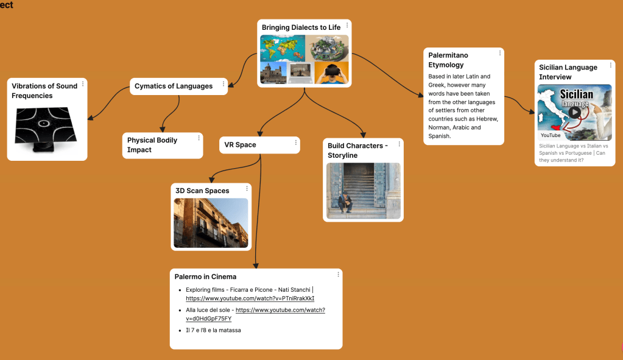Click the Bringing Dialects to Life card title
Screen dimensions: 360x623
tap(301, 27)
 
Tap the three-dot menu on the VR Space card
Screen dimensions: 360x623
tap(296, 143)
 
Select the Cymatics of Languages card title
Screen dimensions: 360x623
tap(174, 86)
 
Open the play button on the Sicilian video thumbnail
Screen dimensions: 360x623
tap(574, 112)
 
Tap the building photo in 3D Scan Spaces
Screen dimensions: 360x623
tap(211, 223)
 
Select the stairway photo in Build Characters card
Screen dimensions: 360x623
tap(364, 191)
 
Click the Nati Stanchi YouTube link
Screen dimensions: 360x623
tap(250, 298)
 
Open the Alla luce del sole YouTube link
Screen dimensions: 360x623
tap(280, 310)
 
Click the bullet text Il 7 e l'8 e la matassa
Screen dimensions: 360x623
tap(213, 330)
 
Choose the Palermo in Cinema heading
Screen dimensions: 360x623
tap(205, 277)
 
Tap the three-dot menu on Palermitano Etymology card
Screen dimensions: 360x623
tap(500, 53)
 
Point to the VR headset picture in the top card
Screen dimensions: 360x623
tap(332, 72)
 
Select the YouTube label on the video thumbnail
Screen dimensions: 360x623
tap(550, 135)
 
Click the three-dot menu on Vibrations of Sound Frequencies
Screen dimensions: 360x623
tap(83, 84)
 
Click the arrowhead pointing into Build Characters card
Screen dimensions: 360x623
tap(364, 135)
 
